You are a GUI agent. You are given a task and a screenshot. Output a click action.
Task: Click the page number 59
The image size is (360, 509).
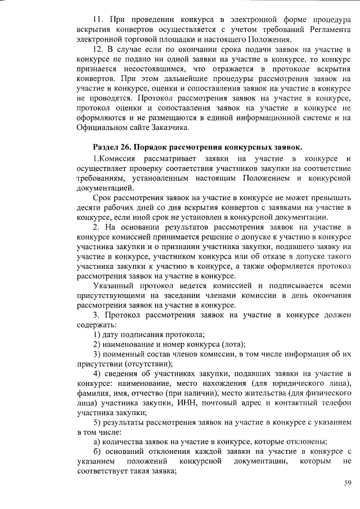tap(348, 483)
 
